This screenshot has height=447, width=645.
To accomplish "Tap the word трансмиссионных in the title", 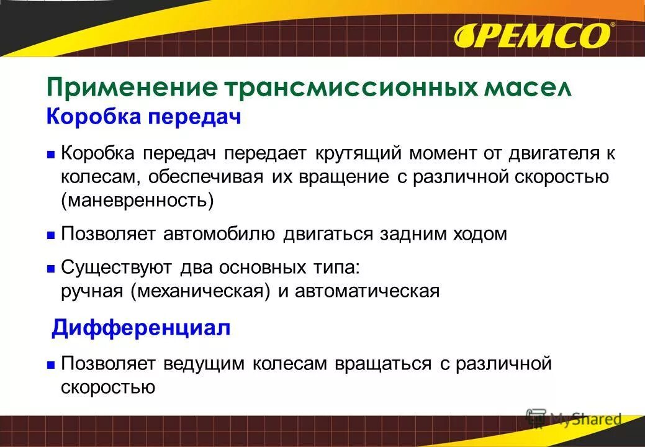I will (339, 88).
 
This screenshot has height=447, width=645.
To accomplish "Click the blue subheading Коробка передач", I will (143, 116).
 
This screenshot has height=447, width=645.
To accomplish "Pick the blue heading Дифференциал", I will (141, 327).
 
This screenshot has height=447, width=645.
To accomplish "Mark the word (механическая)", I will (201, 291).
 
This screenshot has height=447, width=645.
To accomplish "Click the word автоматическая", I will (367, 291).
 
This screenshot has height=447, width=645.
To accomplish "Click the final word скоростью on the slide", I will (108, 386).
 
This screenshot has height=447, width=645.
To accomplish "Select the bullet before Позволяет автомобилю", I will (52, 235).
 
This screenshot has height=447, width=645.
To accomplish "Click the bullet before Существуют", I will (52, 269).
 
